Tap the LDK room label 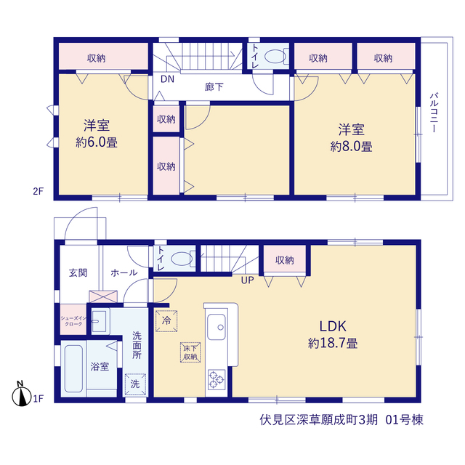click(333, 326)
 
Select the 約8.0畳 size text click(352, 147)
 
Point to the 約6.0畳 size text click(97, 142)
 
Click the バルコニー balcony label click(434, 113)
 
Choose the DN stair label click(167, 79)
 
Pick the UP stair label click(247, 280)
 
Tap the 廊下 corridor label click(214, 87)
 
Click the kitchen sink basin click(217, 327)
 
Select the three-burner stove click(217, 379)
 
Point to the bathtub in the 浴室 click(73, 368)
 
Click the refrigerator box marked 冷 click(166, 320)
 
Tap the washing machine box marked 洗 click(135, 384)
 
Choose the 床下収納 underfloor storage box click(190, 352)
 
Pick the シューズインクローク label click(73, 321)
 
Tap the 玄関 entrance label click(78, 272)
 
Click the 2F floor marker click(38, 191)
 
